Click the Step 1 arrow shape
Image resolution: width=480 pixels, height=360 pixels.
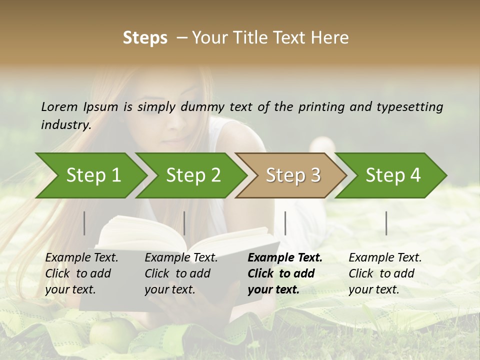(x=93, y=175)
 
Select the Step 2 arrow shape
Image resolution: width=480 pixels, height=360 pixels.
(x=193, y=175)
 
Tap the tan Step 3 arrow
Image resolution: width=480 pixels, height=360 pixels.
(x=293, y=175)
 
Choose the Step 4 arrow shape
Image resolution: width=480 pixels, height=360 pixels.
(x=393, y=175)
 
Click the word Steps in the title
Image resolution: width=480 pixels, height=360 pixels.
(x=145, y=37)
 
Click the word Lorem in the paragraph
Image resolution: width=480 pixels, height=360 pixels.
(x=58, y=106)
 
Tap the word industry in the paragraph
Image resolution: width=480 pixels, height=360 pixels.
(x=66, y=124)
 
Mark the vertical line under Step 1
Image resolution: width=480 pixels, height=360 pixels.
(x=84, y=223)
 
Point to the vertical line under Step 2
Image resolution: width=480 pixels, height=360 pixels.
(x=184, y=223)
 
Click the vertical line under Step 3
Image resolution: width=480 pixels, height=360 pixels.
(x=285, y=223)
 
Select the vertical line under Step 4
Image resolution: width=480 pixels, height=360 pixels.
(x=386, y=223)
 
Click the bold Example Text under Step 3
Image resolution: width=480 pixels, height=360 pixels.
(x=285, y=257)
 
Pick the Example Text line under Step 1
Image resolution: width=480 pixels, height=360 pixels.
(x=81, y=257)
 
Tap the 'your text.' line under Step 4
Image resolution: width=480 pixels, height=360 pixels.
(x=374, y=289)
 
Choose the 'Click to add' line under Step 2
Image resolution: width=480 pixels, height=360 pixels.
(x=177, y=273)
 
